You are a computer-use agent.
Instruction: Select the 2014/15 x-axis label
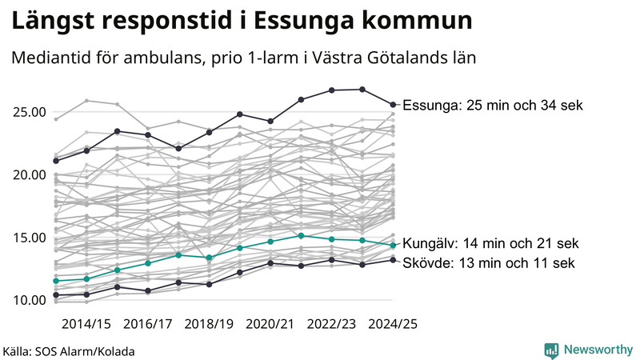click(x=86, y=323)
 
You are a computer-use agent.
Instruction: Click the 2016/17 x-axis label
click(x=148, y=323)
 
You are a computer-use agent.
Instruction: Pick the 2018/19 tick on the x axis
click(x=209, y=323)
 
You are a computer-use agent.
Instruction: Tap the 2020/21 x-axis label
click(x=270, y=323)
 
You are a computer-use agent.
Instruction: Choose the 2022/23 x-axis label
click(x=331, y=323)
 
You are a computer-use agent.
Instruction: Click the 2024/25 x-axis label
click(x=393, y=323)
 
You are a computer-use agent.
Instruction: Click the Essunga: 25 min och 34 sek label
click(x=493, y=106)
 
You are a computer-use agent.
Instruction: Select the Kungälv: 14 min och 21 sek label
click(x=490, y=243)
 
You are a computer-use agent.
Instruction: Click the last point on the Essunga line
click(x=393, y=104)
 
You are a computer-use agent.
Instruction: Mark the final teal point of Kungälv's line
click(x=393, y=245)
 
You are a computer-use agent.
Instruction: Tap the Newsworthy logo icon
click(x=551, y=350)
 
